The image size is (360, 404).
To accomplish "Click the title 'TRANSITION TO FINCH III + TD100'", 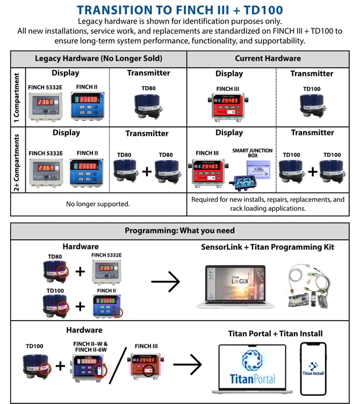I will point(179,10).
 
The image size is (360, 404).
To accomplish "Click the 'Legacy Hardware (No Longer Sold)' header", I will point(98,58).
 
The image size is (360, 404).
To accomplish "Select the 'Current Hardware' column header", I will point(268,58).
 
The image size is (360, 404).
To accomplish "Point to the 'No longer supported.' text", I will point(98,204).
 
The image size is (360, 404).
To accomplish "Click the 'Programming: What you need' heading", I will point(179,230).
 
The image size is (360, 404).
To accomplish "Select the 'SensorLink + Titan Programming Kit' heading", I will point(268,247).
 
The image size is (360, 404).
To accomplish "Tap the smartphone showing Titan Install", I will point(313,369).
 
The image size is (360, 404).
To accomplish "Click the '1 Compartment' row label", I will point(17,96).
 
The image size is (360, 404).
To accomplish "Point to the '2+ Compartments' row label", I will point(17,160).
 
